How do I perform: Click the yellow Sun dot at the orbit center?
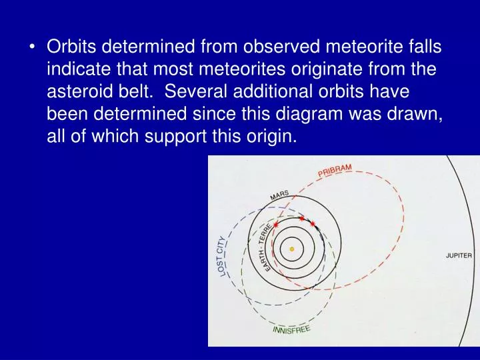tap(291, 249)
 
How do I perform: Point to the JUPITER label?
tap(459, 255)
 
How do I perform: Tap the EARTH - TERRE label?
tap(266, 247)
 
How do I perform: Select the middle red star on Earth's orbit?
tap(301, 218)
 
